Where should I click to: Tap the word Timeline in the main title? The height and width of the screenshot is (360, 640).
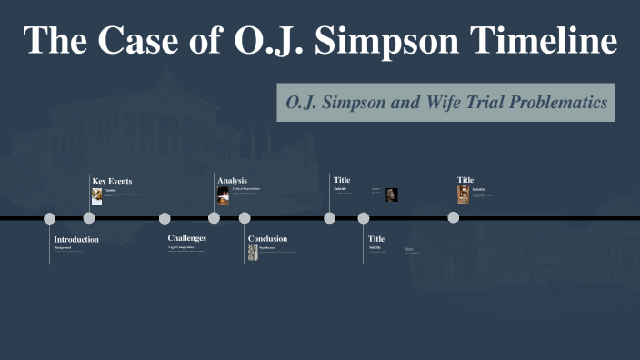[x=540, y=41]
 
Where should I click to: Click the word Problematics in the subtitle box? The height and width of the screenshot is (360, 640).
[x=556, y=103]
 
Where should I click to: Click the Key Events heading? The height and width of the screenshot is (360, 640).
[x=112, y=181]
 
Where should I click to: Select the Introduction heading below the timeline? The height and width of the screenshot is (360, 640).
[x=76, y=240]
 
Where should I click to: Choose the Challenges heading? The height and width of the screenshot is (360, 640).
[x=186, y=238]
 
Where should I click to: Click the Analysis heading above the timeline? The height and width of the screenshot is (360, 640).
[x=232, y=181]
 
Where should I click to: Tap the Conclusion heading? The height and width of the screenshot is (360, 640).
[x=267, y=239]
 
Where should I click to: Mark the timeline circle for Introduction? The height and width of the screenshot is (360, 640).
[x=50, y=218]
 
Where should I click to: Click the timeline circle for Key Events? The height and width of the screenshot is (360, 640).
[x=89, y=218]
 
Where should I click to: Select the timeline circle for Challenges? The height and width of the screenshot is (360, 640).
[x=165, y=218]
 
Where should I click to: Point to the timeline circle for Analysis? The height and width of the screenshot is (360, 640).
[x=214, y=218]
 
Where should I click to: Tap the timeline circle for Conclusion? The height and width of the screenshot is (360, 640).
[x=245, y=218]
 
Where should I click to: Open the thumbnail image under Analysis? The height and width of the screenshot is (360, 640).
[x=223, y=195]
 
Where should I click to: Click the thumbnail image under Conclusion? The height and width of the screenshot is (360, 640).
[x=254, y=253]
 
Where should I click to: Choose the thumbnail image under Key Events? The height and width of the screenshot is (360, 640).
[x=97, y=195]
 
